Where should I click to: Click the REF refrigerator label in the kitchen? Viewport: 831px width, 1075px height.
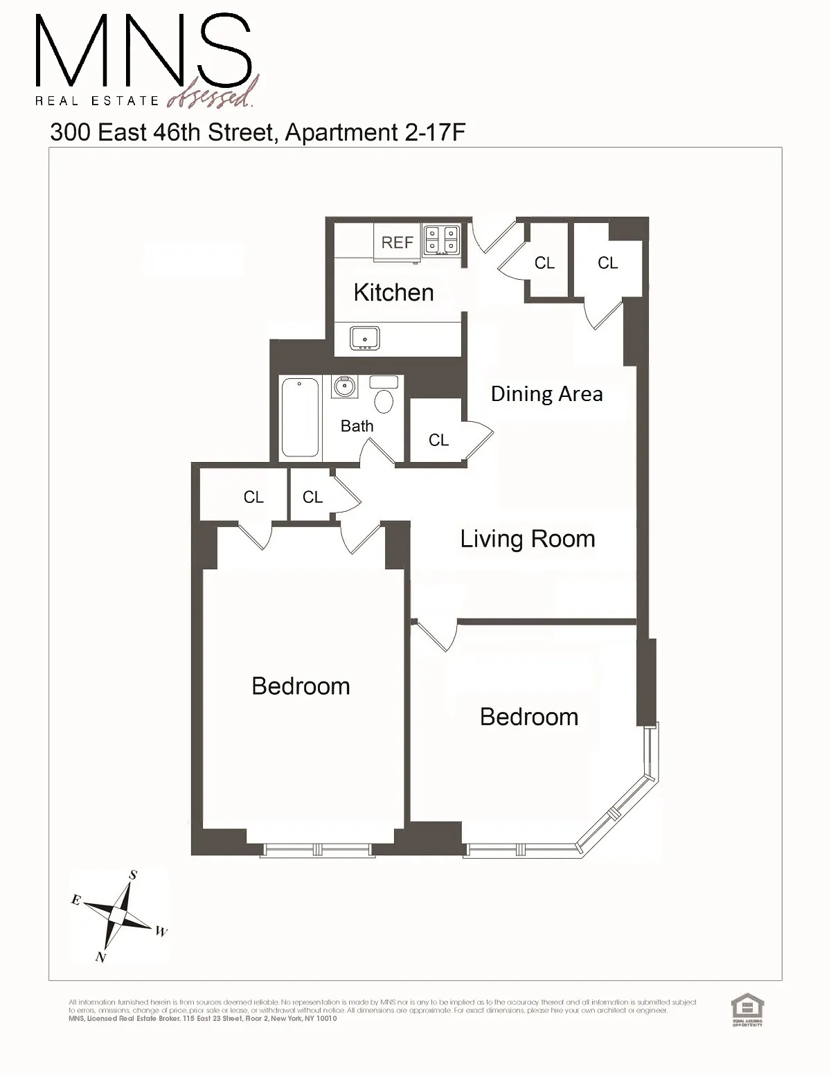tap(397, 242)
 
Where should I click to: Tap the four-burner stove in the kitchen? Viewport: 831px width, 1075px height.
tap(442, 240)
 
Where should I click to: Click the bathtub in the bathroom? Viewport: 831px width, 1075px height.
tap(301, 417)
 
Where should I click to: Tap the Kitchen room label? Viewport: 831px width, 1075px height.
tap(393, 292)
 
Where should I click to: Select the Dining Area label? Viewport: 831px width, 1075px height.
tap(546, 394)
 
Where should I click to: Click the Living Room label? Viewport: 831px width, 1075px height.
tap(528, 539)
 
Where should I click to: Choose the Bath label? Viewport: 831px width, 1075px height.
tap(357, 426)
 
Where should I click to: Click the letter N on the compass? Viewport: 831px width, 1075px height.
tap(100, 957)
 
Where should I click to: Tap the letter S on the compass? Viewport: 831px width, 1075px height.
tap(132, 876)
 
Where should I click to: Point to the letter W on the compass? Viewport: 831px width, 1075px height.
tap(161, 932)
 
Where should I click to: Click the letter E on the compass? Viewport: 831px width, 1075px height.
tap(76, 900)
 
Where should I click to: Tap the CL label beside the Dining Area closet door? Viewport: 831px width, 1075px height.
tap(438, 440)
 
